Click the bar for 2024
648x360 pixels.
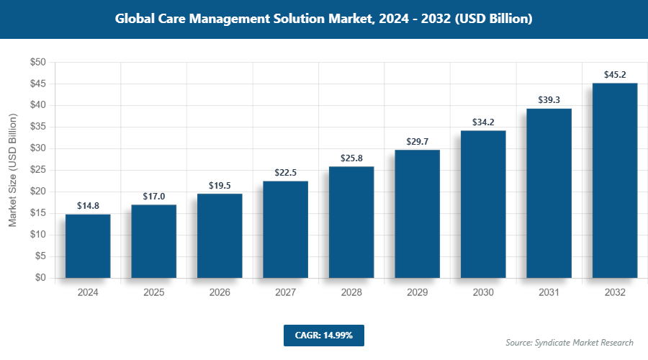click(x=88, y=246)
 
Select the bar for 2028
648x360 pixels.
click(x=351, y=222)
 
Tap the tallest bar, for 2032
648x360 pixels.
click(x=614, y=181)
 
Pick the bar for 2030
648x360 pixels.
click(x=483, y=204)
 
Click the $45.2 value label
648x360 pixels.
click(x=614, y=74)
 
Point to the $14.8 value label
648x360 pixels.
click(x=88, y=205)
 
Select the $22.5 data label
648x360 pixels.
click(x=286, y=172)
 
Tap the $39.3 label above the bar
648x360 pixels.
click(x=549, y=100)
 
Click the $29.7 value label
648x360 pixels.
click(x=417, y=141)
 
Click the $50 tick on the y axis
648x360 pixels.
click(x=37, y=63)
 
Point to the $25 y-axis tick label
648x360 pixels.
click(x=37, y=170)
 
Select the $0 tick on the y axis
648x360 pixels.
click(x=40, y=278)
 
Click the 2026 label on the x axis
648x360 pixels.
click(x=220, y=293)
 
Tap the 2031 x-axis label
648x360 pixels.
click(x=549, y=293)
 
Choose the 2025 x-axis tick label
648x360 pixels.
click(x=153, y=293)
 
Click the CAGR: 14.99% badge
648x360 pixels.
click(x=323, y=336)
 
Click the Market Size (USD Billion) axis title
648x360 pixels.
click(x=12, y=170)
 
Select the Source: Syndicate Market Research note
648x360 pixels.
click(x=570, y=343)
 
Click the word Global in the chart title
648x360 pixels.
click(x=138, y=19)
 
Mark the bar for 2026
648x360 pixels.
click(x=220, y=236)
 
